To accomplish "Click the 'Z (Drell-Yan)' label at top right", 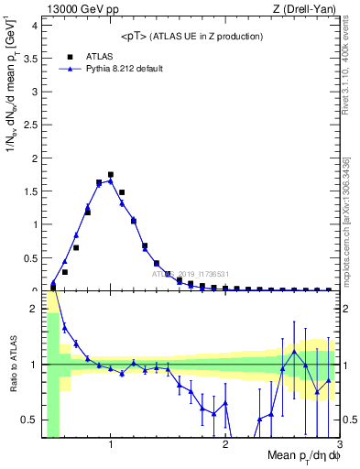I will [304, 9].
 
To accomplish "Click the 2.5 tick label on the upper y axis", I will [31, 125].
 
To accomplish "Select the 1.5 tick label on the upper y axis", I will [31, 191].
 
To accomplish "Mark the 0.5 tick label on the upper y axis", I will [31, 257].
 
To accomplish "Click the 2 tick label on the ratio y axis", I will [36, 309].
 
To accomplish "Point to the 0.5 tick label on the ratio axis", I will [31, 420].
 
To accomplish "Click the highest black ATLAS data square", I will [111, 174].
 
